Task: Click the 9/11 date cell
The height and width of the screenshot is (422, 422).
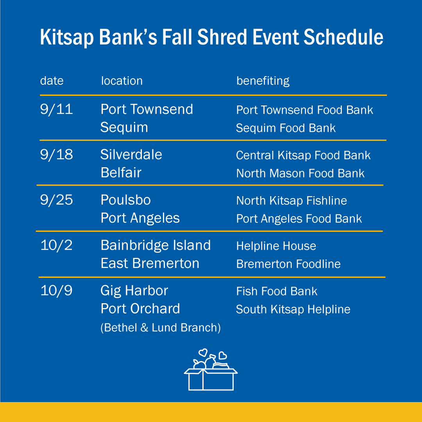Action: tap(56, 109)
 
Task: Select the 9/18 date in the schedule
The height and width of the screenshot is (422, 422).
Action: tap(56, 155)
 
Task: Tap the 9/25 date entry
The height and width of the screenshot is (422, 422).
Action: tap(56, 200)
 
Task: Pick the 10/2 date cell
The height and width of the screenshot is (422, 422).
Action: tap(56, 245)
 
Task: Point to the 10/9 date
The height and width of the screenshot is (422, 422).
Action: tap(56, 291)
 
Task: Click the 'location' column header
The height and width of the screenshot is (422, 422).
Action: tap(122, 81)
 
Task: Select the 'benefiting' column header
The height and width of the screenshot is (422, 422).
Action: tap(263, 81)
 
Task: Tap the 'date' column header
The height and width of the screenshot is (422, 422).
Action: tap(52, 81)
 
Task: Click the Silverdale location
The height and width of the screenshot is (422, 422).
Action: tap(131, 155)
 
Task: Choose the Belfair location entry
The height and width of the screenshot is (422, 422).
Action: tap(121, 173)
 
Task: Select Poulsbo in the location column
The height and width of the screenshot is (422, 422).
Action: tap(125, 200)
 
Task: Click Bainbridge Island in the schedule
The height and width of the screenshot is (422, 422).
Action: tap(156, 245)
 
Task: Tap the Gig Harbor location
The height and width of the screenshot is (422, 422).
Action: tap(134, 291)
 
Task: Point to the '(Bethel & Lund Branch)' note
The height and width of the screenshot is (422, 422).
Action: tap(160, 327)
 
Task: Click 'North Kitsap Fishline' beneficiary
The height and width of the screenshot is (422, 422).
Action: tap(291, 201)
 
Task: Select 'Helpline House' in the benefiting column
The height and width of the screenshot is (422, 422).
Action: tap(276, 246)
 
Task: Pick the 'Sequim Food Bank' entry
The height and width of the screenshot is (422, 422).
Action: tap(286, 128)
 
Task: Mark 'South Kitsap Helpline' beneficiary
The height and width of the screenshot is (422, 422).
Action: tap(293, 309)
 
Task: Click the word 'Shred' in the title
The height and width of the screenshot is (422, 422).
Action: tap(222, 38)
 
